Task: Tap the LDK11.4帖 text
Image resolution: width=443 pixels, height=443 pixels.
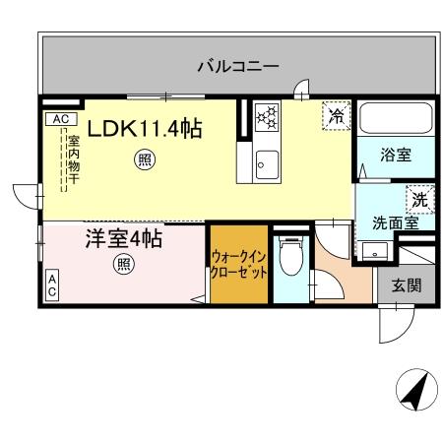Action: (147, 128)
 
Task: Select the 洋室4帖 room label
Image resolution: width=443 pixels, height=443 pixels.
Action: (123, 239)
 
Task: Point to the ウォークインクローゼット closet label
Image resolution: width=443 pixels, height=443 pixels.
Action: (239, 264)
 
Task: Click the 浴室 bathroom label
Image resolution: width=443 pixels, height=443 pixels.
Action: (397, 153)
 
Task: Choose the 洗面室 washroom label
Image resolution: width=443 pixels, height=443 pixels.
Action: (395, 221)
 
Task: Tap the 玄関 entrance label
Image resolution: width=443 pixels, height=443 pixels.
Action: (406, 286)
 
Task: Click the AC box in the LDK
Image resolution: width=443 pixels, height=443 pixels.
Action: (58, 119)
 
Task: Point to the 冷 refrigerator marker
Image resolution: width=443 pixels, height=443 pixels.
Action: (336, 116)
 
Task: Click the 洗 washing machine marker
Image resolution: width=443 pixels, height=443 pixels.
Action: (418, 197)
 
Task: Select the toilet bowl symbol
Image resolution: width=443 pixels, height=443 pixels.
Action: (289, 261)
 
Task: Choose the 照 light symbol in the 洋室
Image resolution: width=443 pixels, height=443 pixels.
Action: (123, 264)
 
